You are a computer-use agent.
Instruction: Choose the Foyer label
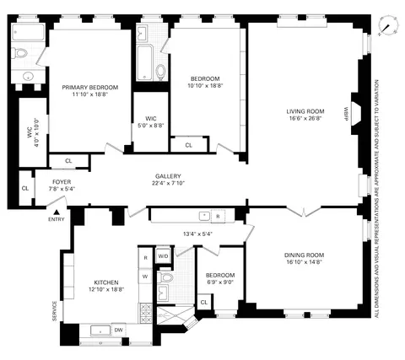(62, 181)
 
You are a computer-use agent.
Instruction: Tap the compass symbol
(386, 25)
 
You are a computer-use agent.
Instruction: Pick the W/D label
(163, 255)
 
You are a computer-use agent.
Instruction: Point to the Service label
(55, 310)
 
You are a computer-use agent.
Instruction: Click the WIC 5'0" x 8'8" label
(151, 121)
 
